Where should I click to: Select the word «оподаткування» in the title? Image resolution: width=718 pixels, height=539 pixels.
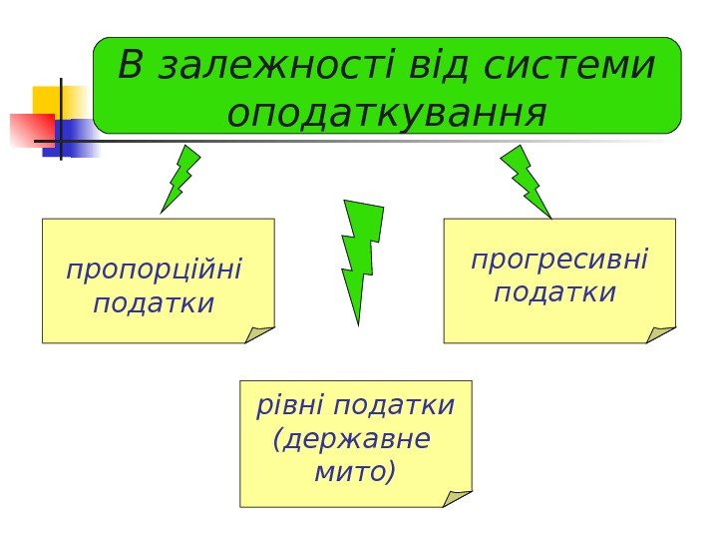tap(387, 113)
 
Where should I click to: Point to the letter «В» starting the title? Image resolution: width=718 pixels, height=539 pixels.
tap(132, 67)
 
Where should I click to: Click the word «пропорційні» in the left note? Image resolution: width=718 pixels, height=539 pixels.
tap(154, 270)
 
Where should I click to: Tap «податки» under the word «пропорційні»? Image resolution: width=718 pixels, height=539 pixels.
tap(154, 301)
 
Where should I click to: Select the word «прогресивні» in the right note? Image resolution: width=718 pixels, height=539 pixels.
tap(558, 262)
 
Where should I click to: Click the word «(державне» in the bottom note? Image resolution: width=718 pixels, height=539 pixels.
tap(351, 438)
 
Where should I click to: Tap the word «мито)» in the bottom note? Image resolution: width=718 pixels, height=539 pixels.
tap(354, 470)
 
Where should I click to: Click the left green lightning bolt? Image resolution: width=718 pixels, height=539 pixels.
tap(179, 179)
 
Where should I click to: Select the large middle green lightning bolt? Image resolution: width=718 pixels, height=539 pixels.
tap(360, 258)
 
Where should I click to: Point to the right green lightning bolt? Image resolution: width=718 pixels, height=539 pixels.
tap(526, 181)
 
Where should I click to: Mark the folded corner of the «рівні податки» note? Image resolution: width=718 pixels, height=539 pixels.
tap(457, 498)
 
